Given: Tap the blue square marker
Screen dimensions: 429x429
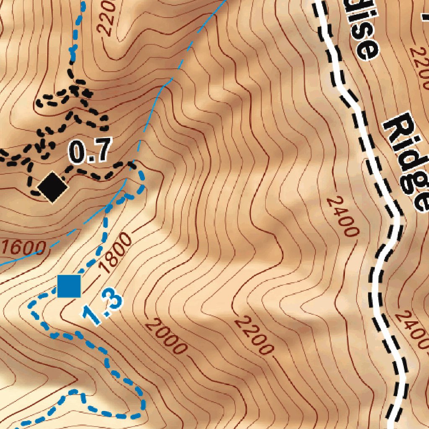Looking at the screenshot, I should pos(69,286).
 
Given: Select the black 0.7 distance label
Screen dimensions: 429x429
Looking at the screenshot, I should pos(90,151).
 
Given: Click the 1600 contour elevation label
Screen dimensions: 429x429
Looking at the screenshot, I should pos(23,248).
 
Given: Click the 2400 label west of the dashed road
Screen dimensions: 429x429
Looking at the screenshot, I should pos(343,217).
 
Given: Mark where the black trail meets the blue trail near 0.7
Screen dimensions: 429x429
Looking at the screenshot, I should pos(133,165).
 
